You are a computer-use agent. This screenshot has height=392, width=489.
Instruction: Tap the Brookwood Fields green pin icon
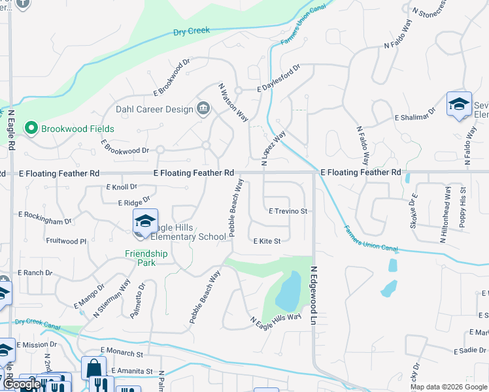point(30,129)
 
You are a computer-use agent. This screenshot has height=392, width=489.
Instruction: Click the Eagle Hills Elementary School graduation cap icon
point(145,221)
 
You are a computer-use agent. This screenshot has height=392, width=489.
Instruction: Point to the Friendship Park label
point(146,258)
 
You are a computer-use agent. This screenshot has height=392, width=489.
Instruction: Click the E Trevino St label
point(288,211)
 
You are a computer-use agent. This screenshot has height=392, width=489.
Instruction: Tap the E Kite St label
point(267,241)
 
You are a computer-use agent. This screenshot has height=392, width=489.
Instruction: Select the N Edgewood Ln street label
point(313,295)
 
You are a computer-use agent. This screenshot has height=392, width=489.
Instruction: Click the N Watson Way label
point(233,102)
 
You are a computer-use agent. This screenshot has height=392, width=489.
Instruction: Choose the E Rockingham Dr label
point(44,214)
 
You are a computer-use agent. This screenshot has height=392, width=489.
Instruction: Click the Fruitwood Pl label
point(65,241)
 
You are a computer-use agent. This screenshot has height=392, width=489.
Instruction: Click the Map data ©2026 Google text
point(448,387)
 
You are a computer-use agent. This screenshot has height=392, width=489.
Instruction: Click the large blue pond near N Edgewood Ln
point(288,291)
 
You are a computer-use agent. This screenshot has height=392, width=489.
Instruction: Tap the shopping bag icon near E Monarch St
point(93,368)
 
